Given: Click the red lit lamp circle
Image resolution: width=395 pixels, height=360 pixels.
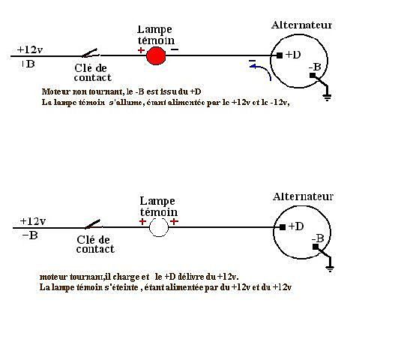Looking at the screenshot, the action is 156,56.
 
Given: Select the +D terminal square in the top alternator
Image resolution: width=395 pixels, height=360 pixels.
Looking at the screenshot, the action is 280,55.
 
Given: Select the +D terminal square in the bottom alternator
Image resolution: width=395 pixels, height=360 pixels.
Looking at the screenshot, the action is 283,227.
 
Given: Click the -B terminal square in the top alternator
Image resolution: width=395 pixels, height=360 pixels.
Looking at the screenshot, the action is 313,75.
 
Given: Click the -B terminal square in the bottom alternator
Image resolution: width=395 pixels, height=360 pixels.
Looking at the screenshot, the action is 315,247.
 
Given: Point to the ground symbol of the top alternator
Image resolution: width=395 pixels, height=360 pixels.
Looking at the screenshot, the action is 327,97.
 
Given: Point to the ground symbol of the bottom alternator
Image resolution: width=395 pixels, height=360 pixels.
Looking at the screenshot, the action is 330,268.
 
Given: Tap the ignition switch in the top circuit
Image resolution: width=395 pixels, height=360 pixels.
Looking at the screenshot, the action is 90,53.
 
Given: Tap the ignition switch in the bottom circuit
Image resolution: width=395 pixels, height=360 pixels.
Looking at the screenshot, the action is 93,224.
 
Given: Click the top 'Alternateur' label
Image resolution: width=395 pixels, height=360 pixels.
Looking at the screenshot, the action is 301,25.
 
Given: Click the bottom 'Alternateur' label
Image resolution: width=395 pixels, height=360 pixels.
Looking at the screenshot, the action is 303,196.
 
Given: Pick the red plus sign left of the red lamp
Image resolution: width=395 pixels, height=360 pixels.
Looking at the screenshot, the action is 141,50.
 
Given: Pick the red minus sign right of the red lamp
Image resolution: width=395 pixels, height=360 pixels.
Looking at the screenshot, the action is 175,49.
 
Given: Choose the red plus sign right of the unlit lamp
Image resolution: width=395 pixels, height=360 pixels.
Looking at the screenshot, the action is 175,221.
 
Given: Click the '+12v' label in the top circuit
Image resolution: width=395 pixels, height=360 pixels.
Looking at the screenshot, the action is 30,49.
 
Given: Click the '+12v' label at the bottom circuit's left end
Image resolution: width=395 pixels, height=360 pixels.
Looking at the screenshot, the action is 33,221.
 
